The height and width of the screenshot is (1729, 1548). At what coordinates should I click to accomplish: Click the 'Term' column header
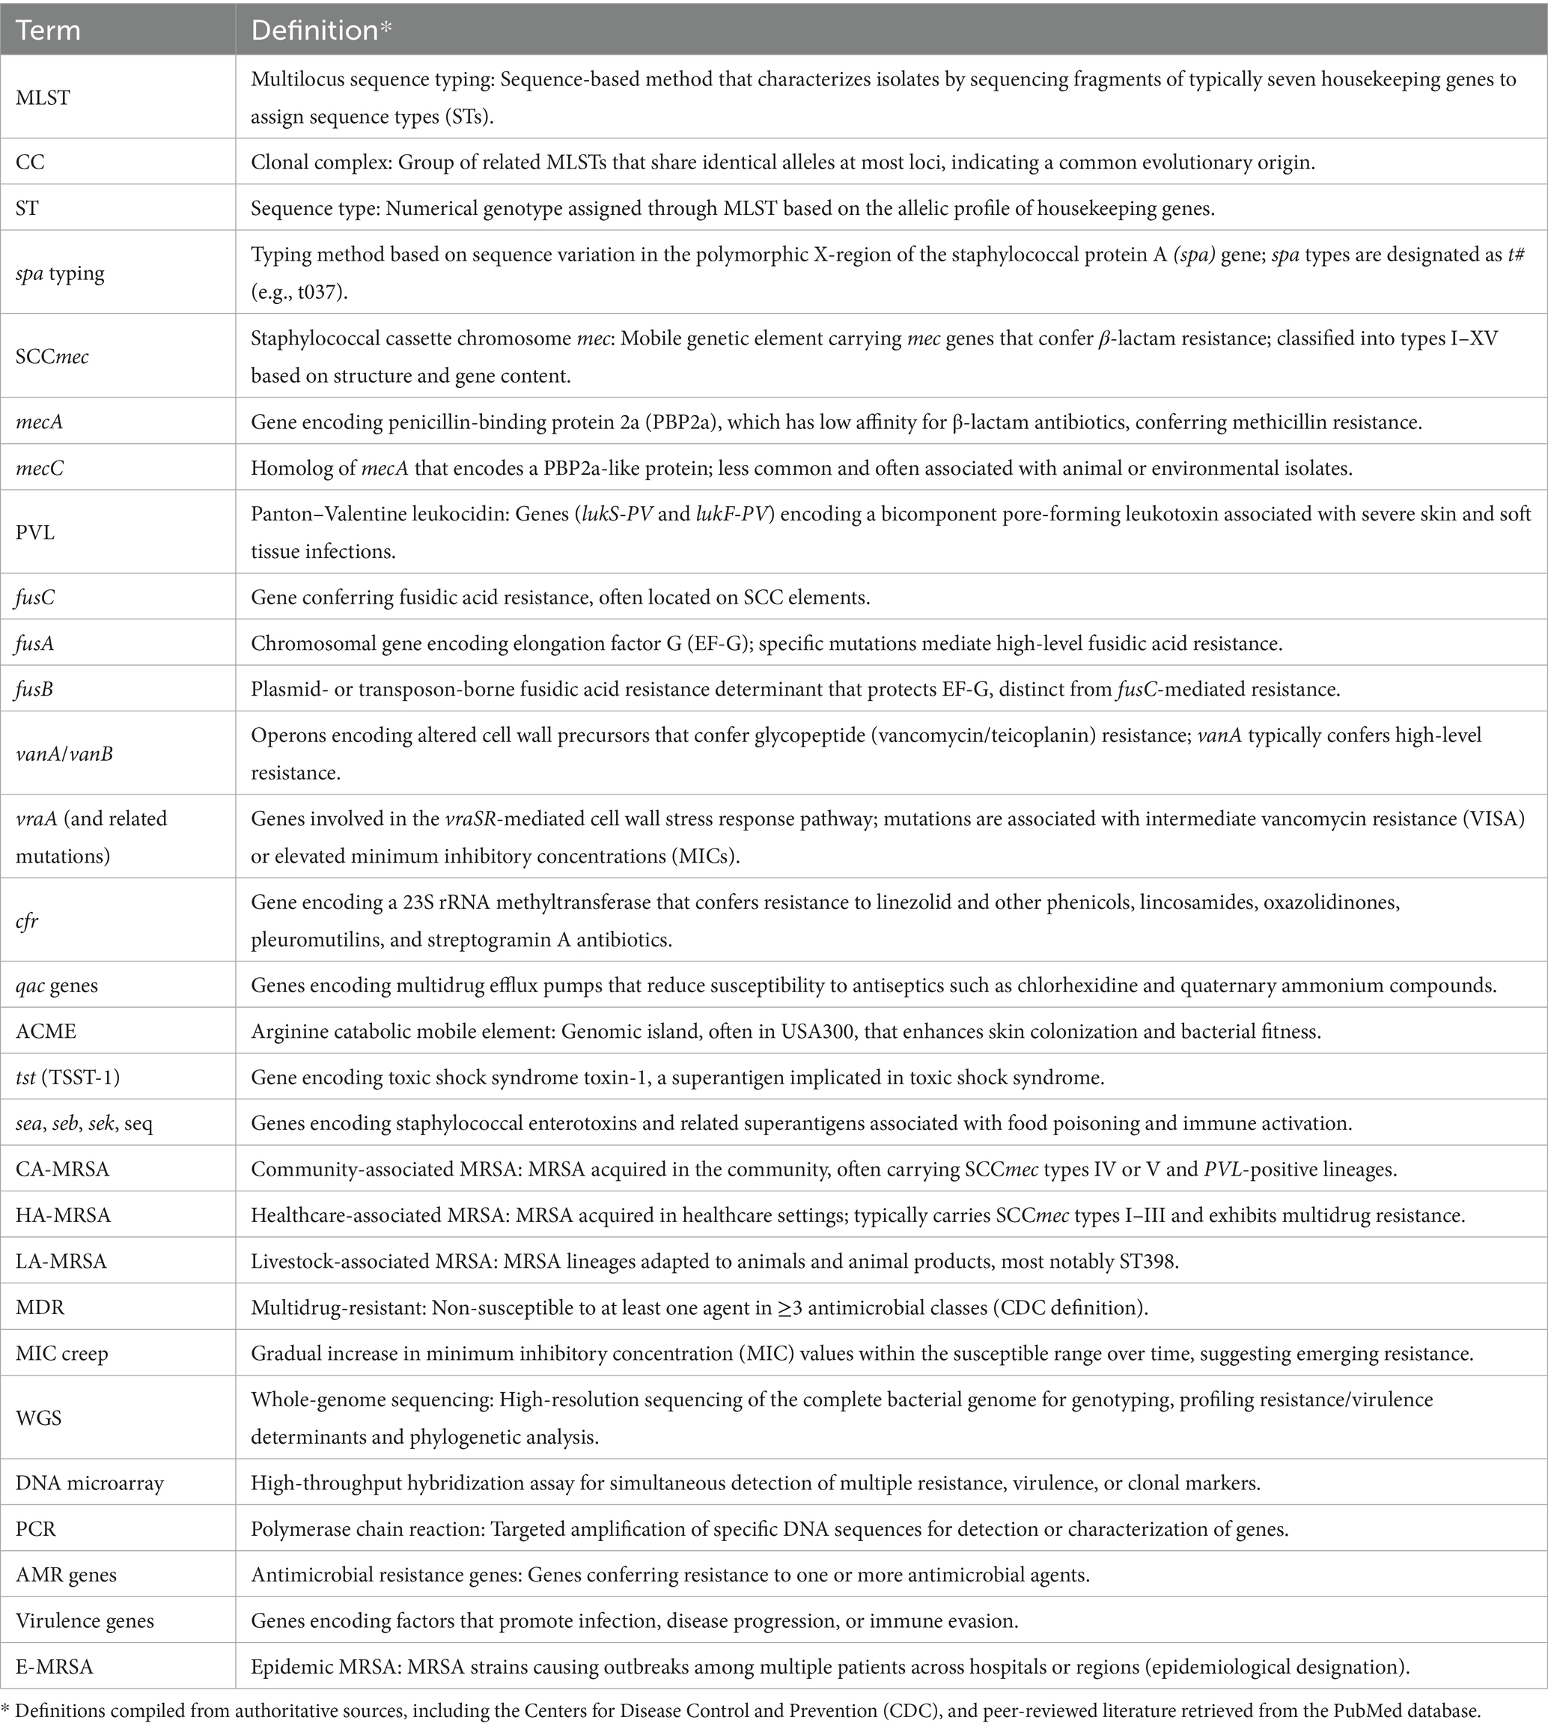click(49, 31)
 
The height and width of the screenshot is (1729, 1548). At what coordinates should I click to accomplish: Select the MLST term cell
click(43, 98)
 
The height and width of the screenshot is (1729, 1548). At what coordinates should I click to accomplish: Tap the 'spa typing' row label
click(61, 273)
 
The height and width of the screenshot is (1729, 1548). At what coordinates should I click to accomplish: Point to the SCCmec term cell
click(52, 356)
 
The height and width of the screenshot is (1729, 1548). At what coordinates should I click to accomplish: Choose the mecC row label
click(39, 468)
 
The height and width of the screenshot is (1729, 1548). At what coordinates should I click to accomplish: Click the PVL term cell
click(35, 532)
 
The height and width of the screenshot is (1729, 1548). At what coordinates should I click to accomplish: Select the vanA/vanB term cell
click(64, 754)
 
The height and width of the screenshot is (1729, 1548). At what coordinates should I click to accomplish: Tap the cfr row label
click(27, 920)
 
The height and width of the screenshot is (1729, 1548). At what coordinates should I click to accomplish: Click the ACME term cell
click(46, 1031)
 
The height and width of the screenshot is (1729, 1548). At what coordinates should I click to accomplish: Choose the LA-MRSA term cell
click(61, 1261)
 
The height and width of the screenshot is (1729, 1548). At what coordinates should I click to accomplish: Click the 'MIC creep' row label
click(62, 1353)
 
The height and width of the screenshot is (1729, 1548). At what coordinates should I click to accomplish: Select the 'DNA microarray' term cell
click(89, 1483)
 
